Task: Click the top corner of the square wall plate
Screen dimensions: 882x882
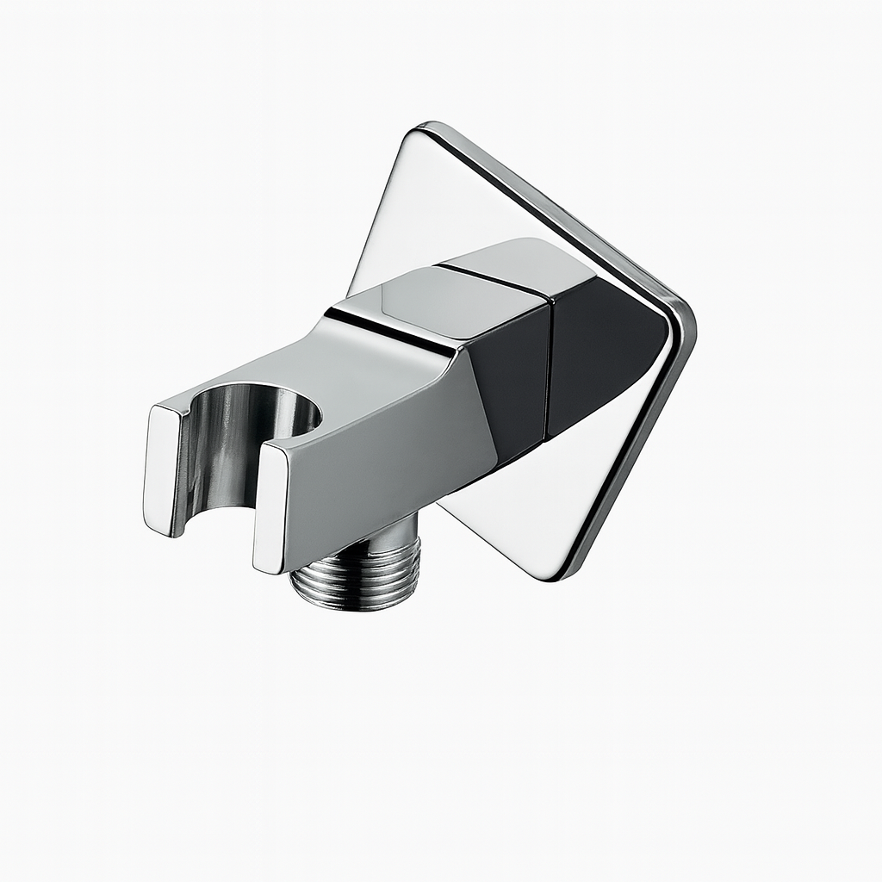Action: [x=422, y=129]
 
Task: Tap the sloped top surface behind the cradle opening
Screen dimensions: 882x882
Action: [x=345, y=362]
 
